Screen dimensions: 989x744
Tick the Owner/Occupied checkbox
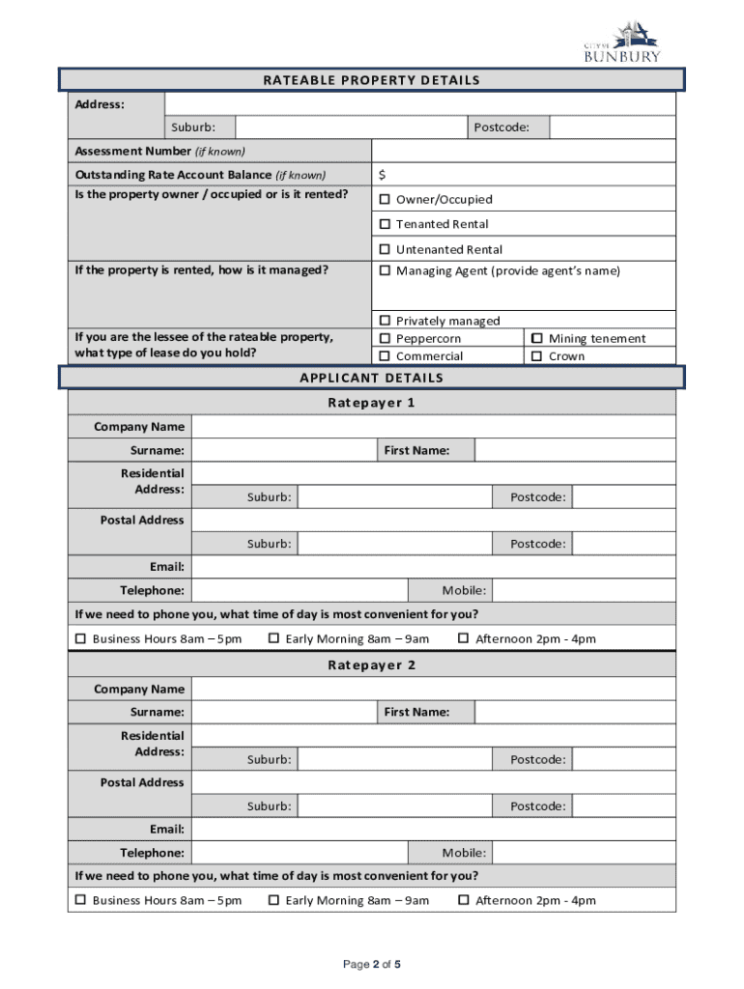point(384,200)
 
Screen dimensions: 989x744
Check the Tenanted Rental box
point(384,225)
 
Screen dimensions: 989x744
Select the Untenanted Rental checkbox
point(384,250)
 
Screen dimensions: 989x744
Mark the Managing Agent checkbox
point(384,271)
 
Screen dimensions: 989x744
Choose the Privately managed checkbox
point(384,321)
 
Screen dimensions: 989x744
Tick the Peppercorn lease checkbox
point(384,339)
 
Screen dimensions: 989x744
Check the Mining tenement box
point(536,339)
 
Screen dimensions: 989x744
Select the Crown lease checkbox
point(536,356)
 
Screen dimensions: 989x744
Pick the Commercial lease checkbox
point(384,356)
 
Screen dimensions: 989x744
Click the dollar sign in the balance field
point(383,175)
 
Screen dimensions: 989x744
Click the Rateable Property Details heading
point(371,80)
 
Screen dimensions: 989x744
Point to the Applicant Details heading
point(371,378)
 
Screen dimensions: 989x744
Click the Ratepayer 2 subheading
point(371,665)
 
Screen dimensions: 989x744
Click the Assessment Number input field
point(523,152)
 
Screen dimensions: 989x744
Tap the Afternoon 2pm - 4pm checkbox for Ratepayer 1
point(463,638)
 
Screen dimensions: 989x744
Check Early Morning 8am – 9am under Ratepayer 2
point(273,900)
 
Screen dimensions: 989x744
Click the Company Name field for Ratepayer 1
point(433,427)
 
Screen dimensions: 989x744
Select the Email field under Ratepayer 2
point(433,830)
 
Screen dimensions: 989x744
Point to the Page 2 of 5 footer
point(372,964)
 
